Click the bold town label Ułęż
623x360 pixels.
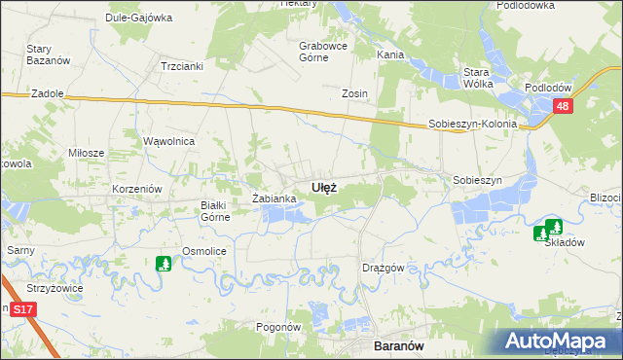pos(324,187)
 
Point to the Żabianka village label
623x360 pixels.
pos(274,198)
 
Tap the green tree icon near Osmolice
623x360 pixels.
pos(164,263)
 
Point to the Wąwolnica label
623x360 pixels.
pos(170,141)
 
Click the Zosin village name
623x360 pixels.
pos(353,93)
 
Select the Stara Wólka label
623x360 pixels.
pos(476,77)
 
